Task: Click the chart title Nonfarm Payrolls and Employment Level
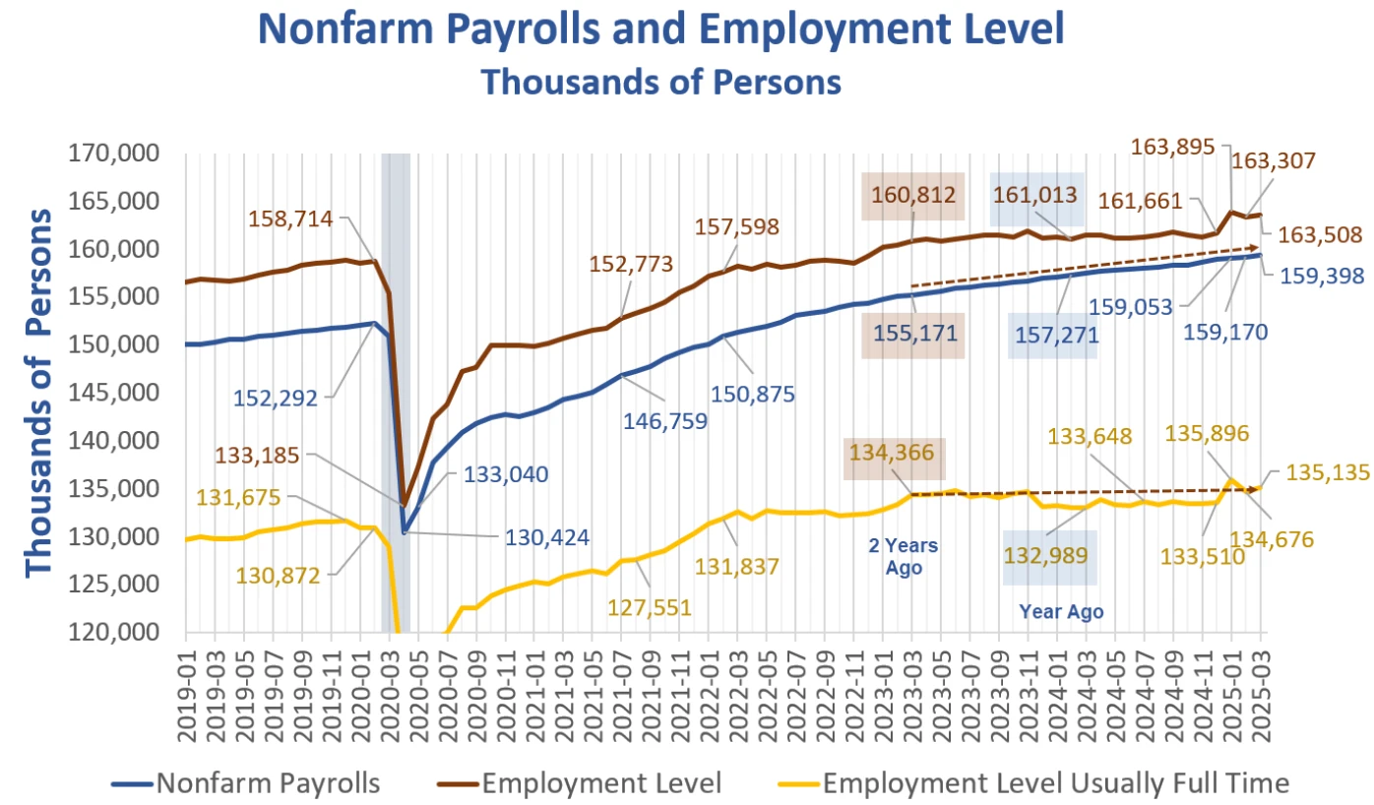pos(660,30)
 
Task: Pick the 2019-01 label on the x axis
pos(186,684)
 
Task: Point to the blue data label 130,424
pos(547,538)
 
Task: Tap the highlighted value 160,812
pos(911,196)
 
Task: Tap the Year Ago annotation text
pos(1060,611)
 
